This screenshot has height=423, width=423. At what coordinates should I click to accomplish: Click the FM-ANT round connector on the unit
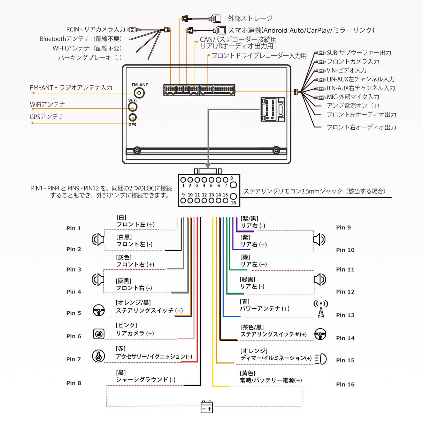tap(139, 93)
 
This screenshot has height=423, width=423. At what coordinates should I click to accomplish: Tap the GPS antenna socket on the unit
tap(132, 117)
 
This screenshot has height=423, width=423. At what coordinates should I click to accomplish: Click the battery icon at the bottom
tap(207, 407)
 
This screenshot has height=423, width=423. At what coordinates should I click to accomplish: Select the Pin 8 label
tap(74, 383)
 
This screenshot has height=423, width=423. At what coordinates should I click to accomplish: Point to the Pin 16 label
tap(345, 384)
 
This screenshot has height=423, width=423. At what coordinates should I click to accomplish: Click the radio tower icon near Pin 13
tap(321, 309)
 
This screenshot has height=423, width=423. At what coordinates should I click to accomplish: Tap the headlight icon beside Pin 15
tap(321, 359)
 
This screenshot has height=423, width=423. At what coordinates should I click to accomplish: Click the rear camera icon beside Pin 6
tap(99, 334)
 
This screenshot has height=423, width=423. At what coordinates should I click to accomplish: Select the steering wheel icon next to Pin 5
tap(99, 310)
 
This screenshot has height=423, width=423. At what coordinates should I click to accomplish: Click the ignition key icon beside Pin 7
tap(98, 356)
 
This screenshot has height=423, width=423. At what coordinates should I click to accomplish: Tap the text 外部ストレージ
tap(250, 18)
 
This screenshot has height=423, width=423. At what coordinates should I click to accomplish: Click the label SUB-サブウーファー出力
tap(359, 53)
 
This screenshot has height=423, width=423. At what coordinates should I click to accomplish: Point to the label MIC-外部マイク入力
tap(353, 97)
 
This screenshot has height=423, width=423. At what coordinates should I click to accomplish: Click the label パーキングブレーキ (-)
tap(90, 57)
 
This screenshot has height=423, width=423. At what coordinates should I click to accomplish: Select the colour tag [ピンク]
tap(126, 325)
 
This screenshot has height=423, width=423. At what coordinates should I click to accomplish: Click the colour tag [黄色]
tap(247, 373)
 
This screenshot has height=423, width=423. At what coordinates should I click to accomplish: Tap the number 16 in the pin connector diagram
tap(233, 203)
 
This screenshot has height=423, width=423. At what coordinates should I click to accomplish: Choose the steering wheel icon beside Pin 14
tap(320, 334)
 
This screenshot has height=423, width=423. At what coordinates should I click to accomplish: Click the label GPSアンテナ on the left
tap(47, 117)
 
